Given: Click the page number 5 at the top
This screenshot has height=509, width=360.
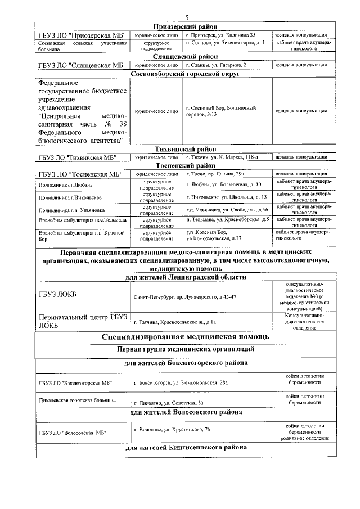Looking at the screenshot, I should pyautogui.click(x=186, y=17).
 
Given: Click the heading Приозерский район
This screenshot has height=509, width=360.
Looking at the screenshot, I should pyautogui.click(x=186, y=26).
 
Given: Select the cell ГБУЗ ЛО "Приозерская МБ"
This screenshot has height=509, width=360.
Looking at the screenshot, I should pyautogui.click(x=81, y=35).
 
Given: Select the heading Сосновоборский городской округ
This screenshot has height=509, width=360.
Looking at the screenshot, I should pyautogui.click(x=186, y=74).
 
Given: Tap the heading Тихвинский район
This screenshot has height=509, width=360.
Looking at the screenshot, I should pyautogui.click(x=186, y=149).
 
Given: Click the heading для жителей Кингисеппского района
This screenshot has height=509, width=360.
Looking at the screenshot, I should pyautogui.click(x=186, y=448).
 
